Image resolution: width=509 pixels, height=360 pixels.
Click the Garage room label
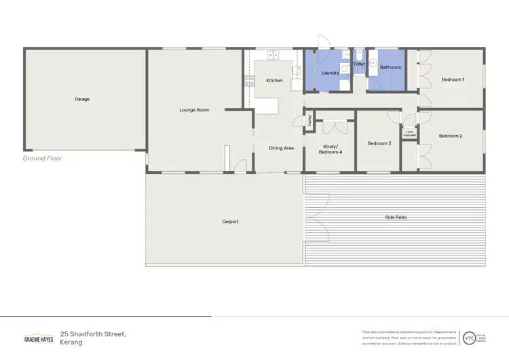click(x=82, y=99)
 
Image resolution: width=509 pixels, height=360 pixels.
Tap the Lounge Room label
click(x=194, y=109)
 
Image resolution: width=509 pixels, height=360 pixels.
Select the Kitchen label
click(x=274, y=81)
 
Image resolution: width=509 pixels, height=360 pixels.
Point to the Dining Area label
click(x=281, y=147)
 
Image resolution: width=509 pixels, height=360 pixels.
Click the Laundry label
click(x=330, y=73)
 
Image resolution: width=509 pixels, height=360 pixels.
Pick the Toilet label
click(x=359, y=64)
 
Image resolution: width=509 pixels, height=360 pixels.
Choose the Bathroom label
click(x=390, y=67)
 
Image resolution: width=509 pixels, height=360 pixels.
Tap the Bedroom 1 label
click(x=453, y=79)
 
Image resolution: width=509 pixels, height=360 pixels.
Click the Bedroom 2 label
click(x=450, y=136)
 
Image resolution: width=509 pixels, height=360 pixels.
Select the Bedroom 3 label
click(x=379, y=143)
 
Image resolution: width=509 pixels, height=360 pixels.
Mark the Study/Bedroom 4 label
click(x=331, y=149)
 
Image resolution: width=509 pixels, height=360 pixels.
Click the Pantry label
click(x=309, y=121)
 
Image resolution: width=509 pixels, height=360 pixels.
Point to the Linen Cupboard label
click(x=410, y=134)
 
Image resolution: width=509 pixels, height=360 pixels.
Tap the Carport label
click(x=230, y=221)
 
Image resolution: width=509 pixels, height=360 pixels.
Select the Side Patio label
click(x=396, y=217)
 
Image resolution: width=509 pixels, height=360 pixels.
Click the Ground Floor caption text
click(x=43, y=158)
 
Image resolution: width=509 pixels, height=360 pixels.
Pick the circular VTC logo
click(x=469, y=338)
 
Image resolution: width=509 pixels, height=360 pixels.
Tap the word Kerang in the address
click(x=71, y=343)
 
